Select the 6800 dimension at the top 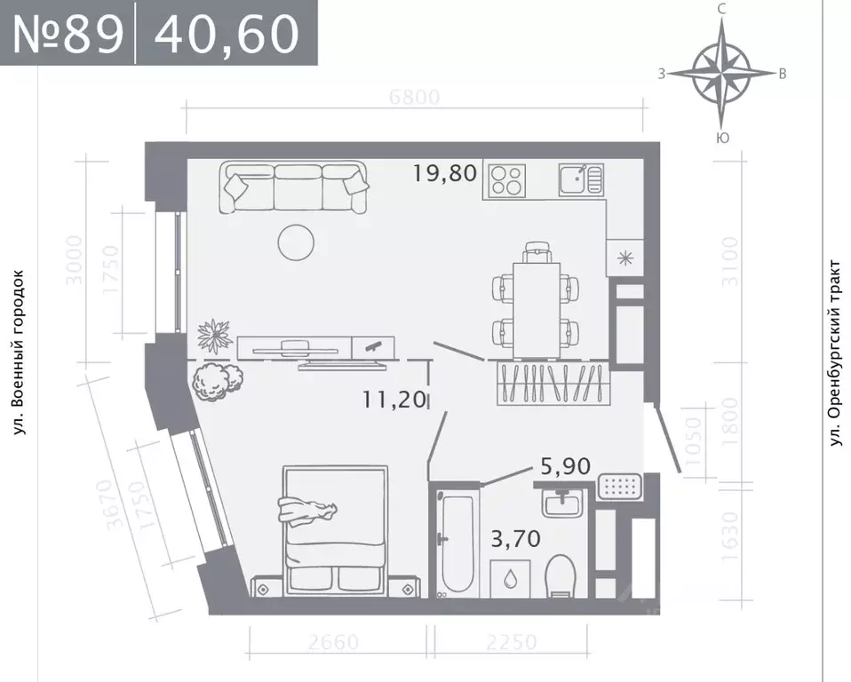pyautogui.click(x=415, y=98)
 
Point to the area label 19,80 pyautogui.click(x=445, y=172)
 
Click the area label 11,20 pyautogui.click(x=394, y=400)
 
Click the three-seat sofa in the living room pyautogui.click(x=296, y=186)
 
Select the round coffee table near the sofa pyautogui.click(x=294, y=241)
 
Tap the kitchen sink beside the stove pyautogui.click(x=581, y=180)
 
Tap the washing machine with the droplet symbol pyautogui.click(x=511, y=579)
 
